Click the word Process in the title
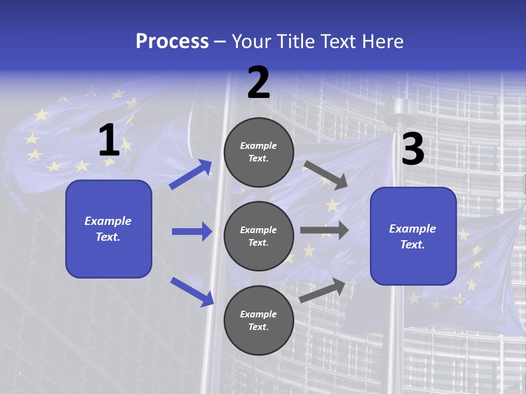pyautogui.click(x=172, y=42)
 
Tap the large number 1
pyautogui.click(x=109, y=140)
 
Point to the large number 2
pyautogui.click(x=259, y=83)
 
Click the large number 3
pyautogui.click(x=413, y=149)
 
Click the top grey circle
pyautogui.click(x=259, y=152)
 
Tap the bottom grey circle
pyautogui.click(x=259, y=320)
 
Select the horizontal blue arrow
pyautogui.click(x=192, y=231)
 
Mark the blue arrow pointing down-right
pyautogui.click(x=192, y=291)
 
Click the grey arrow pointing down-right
pyautogui.click(x=325, y=175)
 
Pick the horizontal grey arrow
pyautogui.click(x=324, y=230)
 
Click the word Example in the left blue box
pyautogui.click(x=108, y=221)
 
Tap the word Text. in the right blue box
pyautogui.click(x=413, y=245)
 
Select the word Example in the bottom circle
pyautogui.click(x=259, y=314)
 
